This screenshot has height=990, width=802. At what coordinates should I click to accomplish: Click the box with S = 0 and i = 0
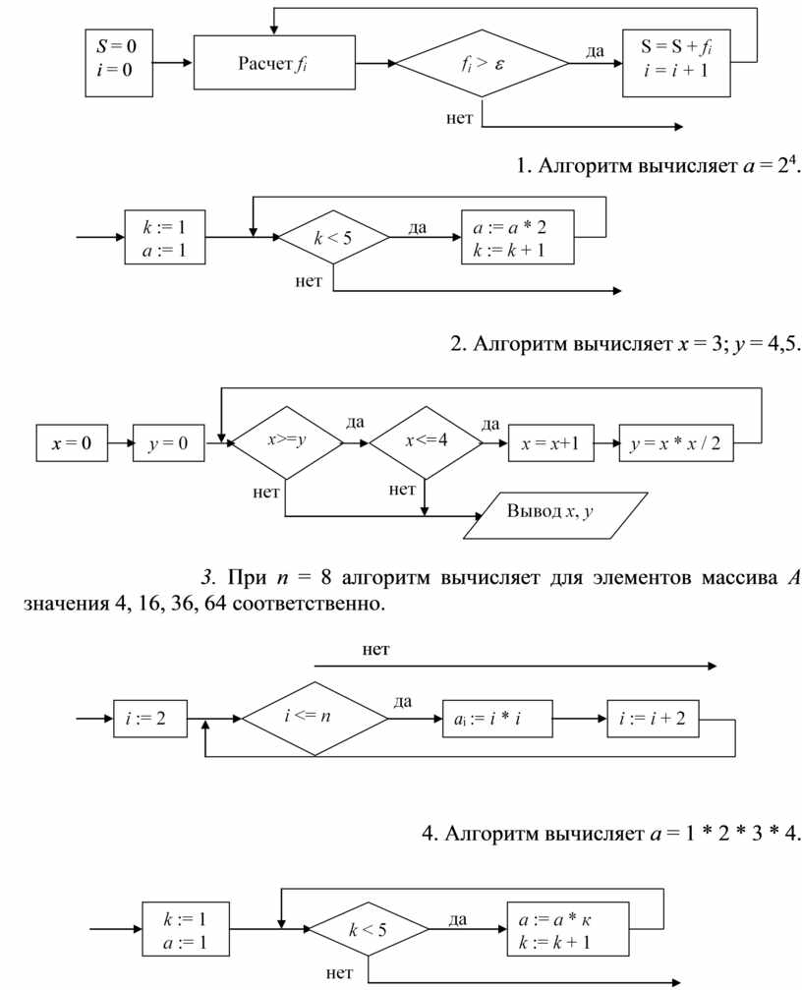point(118,62)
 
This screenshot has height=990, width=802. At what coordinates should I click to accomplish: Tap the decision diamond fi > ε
point(482,64)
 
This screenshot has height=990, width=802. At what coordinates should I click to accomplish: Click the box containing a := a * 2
point(518,238)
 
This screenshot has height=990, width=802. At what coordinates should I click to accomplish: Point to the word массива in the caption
point(722,576)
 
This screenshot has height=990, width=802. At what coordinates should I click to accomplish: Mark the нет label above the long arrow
point(376,650)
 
